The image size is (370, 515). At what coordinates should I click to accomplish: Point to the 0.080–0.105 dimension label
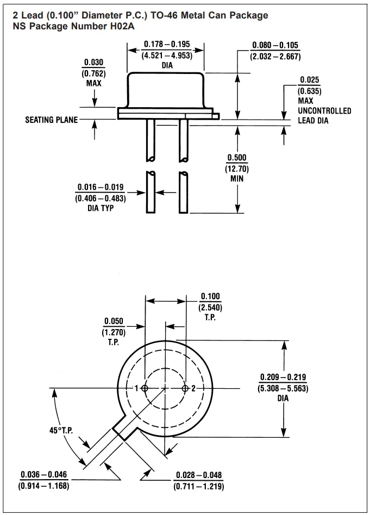coord(275,45)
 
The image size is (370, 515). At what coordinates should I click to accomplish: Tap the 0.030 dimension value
coord(95,63)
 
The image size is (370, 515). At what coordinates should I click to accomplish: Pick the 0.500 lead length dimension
coord(237,158)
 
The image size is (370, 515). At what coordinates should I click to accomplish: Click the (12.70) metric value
coord(237,169)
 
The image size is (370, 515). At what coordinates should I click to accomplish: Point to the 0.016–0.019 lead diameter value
coord(100,188)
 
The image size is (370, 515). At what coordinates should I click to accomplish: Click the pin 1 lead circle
coord(145,388)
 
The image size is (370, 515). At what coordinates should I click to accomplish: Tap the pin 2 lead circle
coord(186,388)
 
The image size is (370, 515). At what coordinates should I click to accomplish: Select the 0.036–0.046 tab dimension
coord(45,475)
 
